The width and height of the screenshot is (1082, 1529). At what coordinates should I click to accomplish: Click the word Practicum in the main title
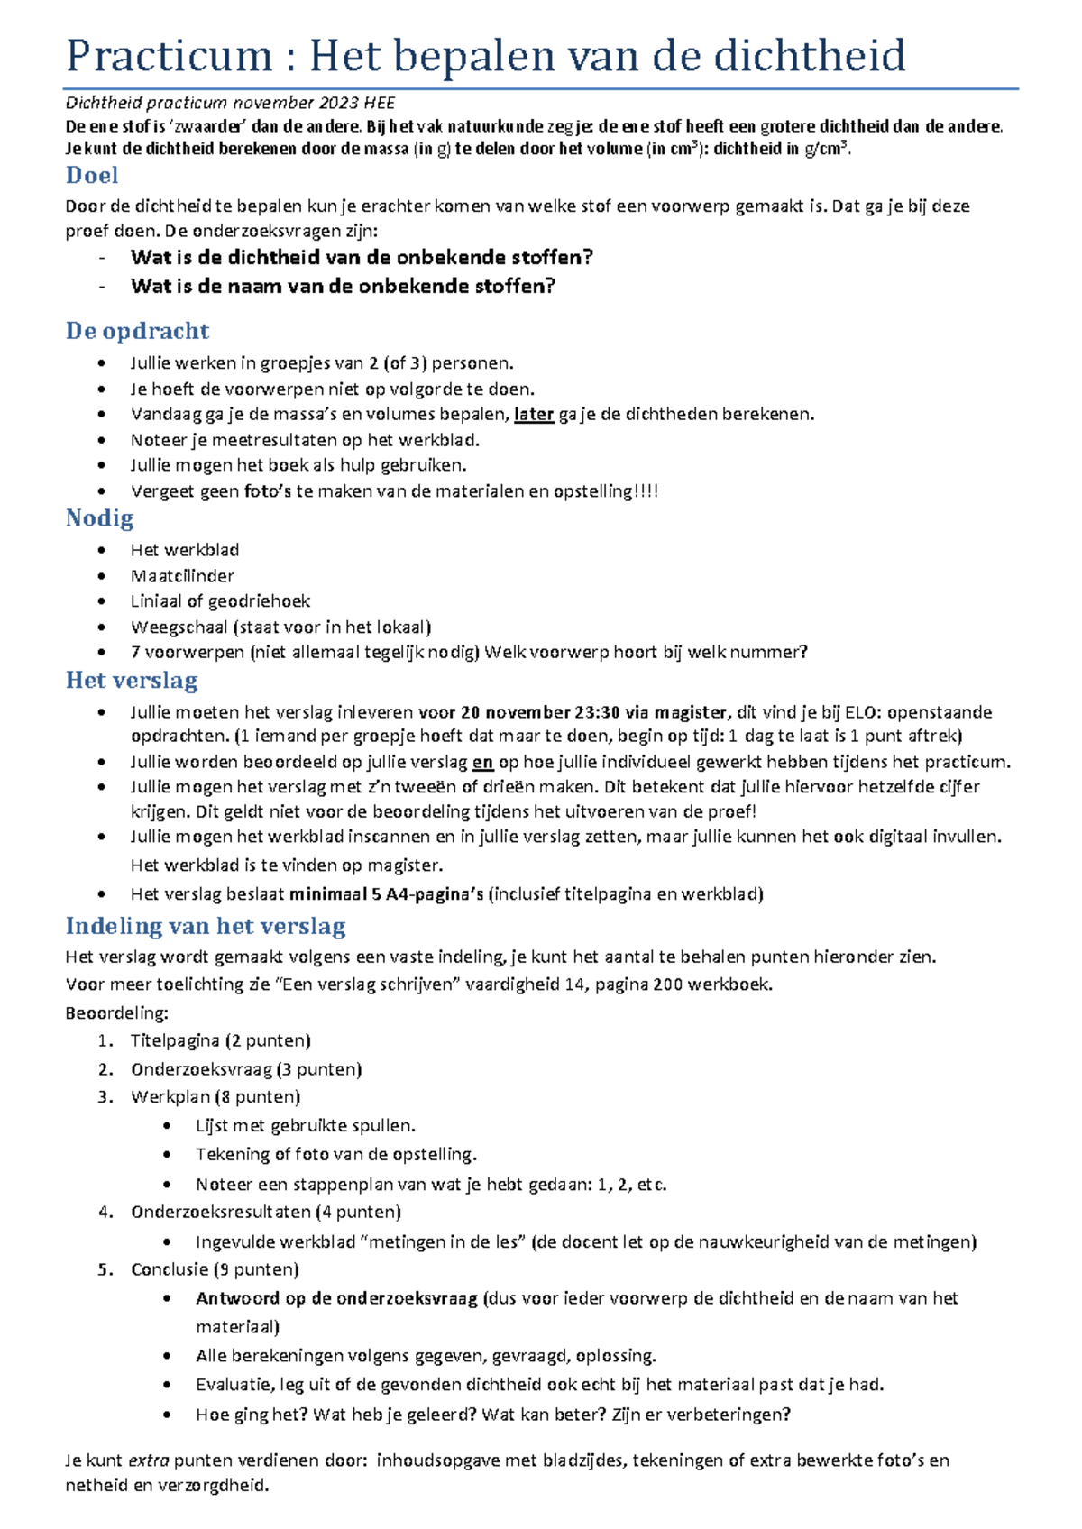point(169,56)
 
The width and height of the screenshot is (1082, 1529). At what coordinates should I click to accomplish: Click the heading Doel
point(92,175)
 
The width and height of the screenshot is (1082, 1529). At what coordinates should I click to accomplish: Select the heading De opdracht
point(137,331)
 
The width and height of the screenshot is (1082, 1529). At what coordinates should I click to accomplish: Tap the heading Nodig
point(99,518)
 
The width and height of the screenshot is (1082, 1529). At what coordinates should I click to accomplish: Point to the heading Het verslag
point(132,681)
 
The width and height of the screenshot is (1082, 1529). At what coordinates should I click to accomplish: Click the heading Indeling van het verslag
point(206,926)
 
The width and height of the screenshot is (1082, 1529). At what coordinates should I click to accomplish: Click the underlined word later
point(534,415)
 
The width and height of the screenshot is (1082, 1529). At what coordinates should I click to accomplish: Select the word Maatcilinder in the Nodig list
point(182,576)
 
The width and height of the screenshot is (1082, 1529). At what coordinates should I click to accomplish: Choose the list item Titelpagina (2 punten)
point(220,1040)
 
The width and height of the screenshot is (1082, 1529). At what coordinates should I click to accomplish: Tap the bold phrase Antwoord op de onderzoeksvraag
point(336,1298)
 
